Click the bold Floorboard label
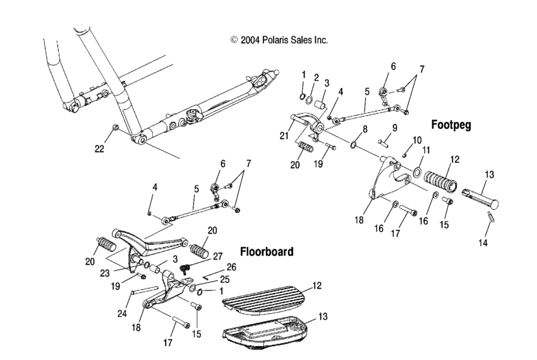(266, 251)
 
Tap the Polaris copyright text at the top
(280, 40)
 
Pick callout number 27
(218, 256)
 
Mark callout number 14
(484, 243)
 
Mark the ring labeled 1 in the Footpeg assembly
(303, 98)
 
